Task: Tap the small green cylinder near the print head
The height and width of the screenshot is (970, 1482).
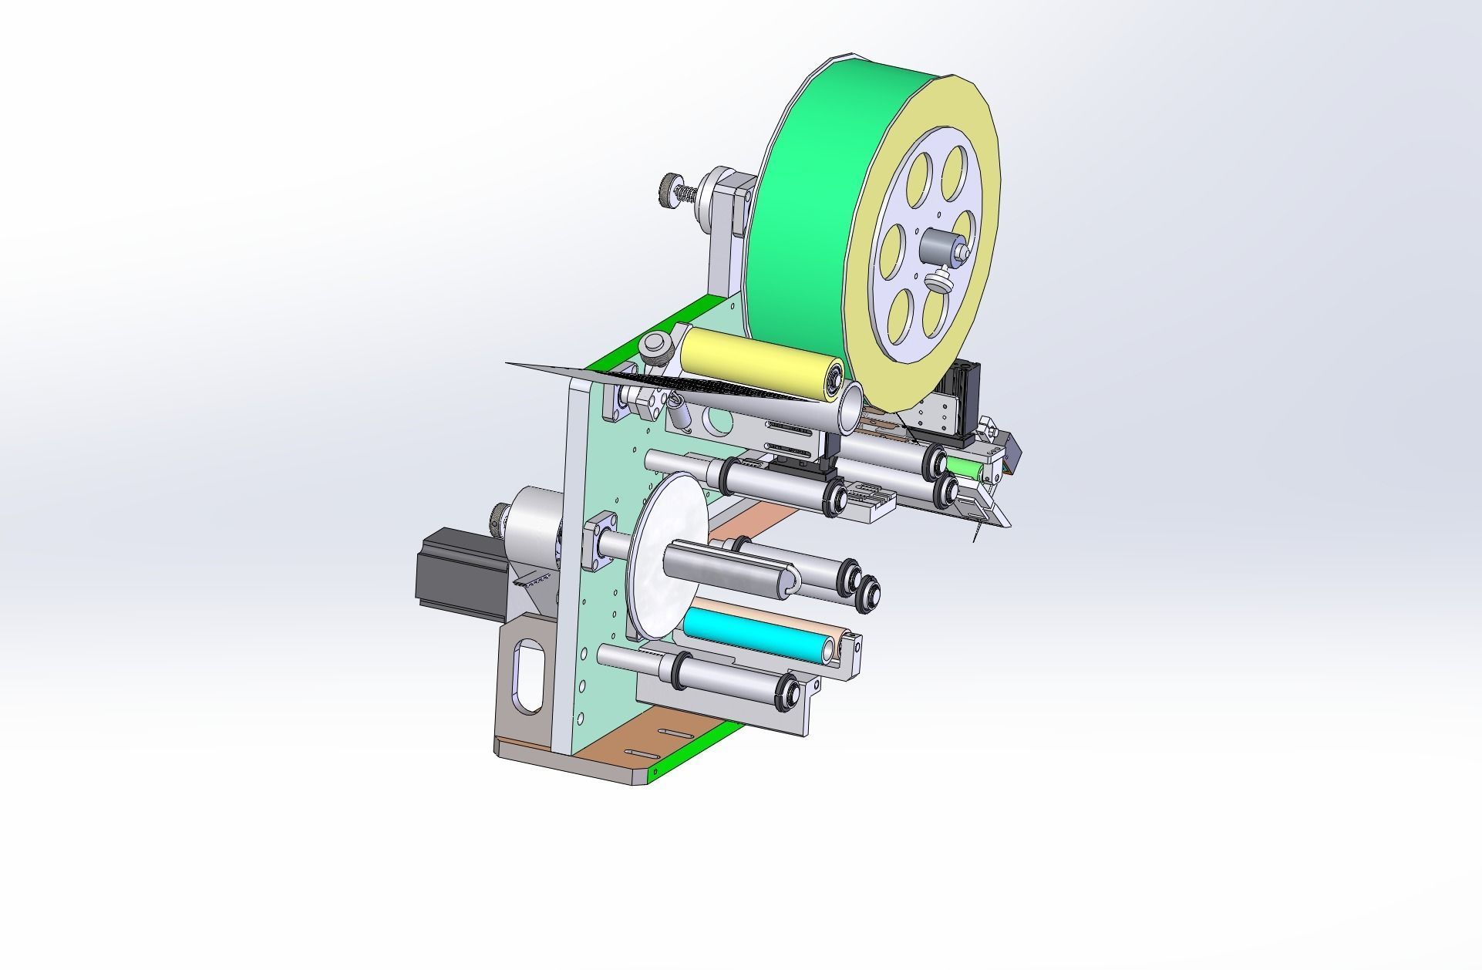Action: (x=964, y=468)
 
